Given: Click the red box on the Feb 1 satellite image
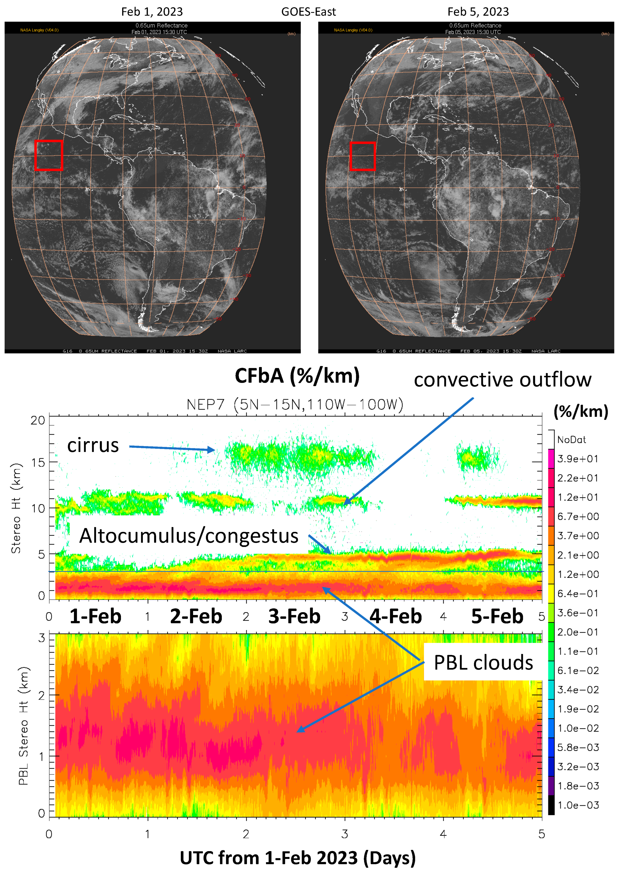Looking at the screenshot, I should (48, 156).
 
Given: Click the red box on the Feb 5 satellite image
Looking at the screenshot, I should (363, 156).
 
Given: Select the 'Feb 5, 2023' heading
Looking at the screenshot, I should (478, 12).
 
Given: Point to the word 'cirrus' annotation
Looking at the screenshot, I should (93, 445).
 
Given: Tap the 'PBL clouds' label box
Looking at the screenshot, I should (483, 663).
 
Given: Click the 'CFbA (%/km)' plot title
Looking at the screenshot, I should (297, 376).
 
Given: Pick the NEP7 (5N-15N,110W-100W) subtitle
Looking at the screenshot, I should (295, 404).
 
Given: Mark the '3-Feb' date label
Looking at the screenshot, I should (294, 616).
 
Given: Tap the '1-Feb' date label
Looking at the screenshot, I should (95, 616).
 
